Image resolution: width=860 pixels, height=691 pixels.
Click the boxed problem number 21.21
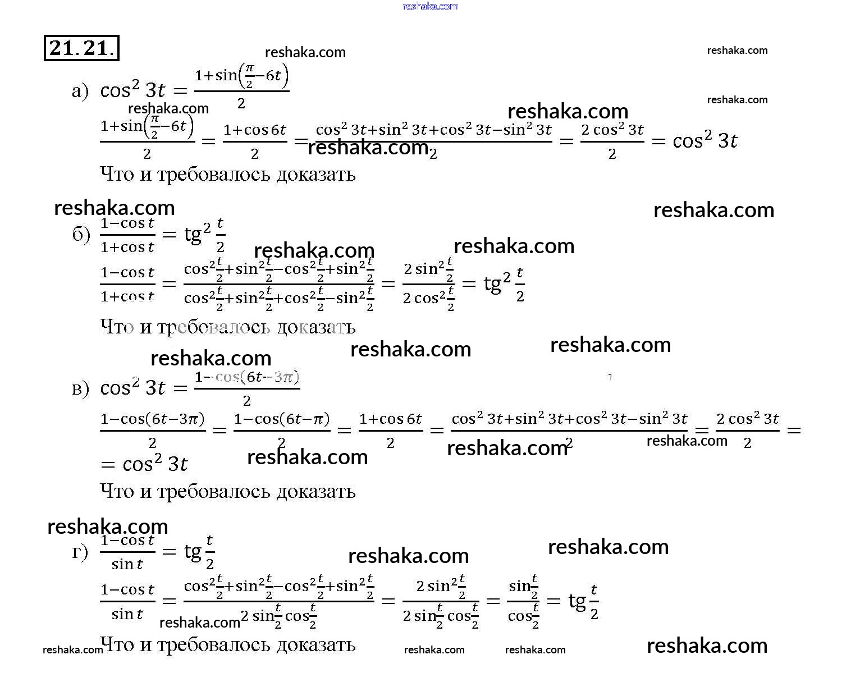coord(81,48)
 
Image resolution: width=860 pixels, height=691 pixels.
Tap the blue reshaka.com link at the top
coord(430,6)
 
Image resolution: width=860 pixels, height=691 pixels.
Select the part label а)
coord(80,91)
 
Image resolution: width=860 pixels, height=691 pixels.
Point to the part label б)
coord(81,235)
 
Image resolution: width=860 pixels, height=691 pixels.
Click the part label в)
coord(80,388)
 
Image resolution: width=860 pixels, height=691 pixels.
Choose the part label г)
coord(80,553)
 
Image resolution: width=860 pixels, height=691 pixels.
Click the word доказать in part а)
coord(316,175)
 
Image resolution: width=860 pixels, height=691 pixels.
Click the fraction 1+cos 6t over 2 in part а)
coord(255,141)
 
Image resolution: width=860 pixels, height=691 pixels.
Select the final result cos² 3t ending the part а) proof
coord(705,140)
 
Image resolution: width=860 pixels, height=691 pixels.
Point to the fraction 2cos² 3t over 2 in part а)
coord(612,141)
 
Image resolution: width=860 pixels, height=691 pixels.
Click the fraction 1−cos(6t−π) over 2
coord(282,431)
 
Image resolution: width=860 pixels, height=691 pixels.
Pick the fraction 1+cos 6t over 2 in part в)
coord(391,431)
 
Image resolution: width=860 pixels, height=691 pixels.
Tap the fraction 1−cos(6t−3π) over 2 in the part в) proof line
coord(153,431)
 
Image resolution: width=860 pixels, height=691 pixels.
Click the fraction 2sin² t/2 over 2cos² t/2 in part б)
coord(429,284)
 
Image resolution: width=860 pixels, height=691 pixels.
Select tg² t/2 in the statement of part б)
coord(205,235)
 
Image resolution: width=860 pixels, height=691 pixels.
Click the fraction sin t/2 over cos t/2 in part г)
coord(523,601)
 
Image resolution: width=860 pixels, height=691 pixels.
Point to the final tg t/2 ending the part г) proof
coord(584,601)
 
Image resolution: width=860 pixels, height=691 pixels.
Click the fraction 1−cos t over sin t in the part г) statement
coord(127,553)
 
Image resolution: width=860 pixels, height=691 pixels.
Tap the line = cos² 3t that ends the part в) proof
coord(144,465)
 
